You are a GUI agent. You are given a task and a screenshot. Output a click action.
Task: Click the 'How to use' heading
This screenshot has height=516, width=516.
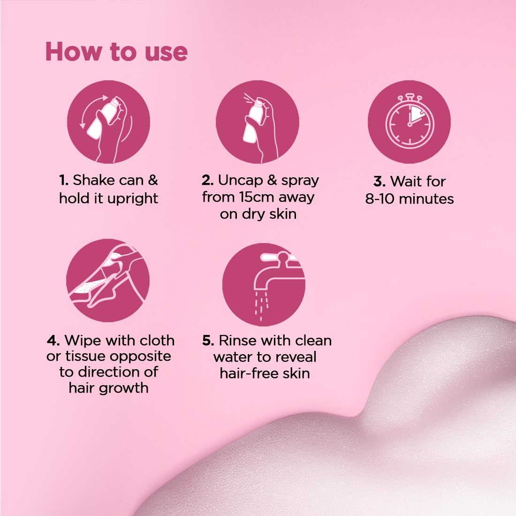coord(116,52)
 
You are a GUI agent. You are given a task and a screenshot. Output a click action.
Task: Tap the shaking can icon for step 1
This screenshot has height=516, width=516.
coord(108,122)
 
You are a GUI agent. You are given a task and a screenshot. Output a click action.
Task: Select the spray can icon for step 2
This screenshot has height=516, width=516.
coord(258,122)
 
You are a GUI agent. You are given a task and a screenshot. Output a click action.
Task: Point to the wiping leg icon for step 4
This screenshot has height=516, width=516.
coord(108,281)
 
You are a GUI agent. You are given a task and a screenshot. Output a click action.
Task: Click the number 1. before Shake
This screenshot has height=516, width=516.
coord(64,181)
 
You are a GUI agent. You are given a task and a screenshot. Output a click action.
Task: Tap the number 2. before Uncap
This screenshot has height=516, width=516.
coord(208,181)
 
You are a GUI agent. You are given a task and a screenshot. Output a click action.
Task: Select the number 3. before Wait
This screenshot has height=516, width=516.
coord(379,182)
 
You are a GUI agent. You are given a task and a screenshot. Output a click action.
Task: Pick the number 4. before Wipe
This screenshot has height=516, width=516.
coord(53,341)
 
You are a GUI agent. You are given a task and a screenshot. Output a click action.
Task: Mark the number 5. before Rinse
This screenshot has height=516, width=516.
coord(208,341)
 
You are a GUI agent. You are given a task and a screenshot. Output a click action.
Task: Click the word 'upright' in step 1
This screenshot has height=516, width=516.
coord(133,198)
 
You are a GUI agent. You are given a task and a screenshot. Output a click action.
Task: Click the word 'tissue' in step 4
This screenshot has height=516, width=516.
coord(84,357)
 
